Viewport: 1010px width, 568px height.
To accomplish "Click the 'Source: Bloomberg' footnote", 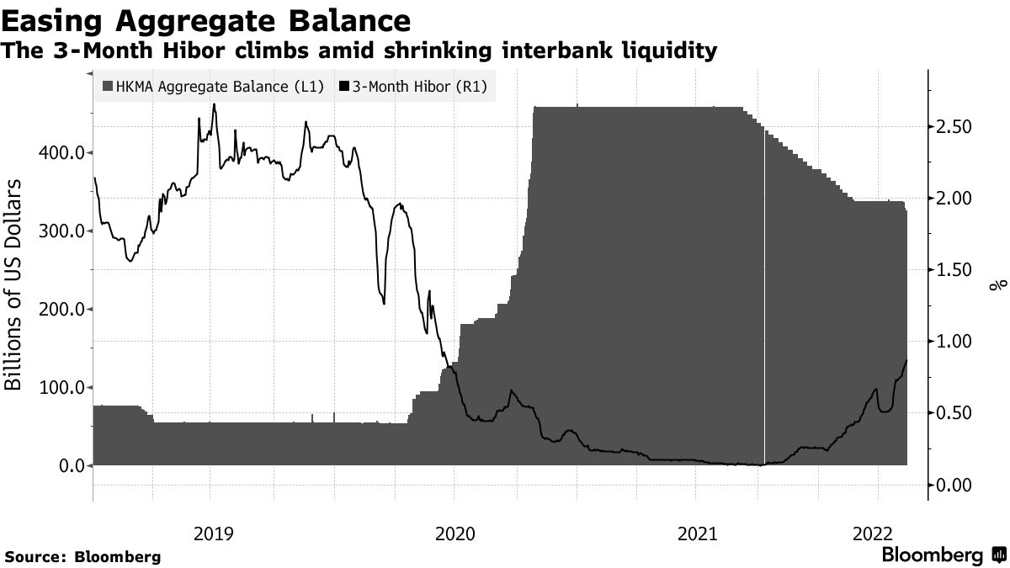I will (x=82, y=557).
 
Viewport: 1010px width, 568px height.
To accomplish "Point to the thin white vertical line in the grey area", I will (x=764, y=295).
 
